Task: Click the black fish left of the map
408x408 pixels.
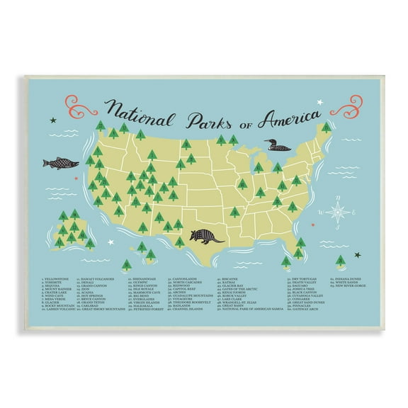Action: [60, 163]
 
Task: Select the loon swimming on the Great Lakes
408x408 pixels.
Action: [277, 147]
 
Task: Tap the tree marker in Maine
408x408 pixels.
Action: [326, 127]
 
